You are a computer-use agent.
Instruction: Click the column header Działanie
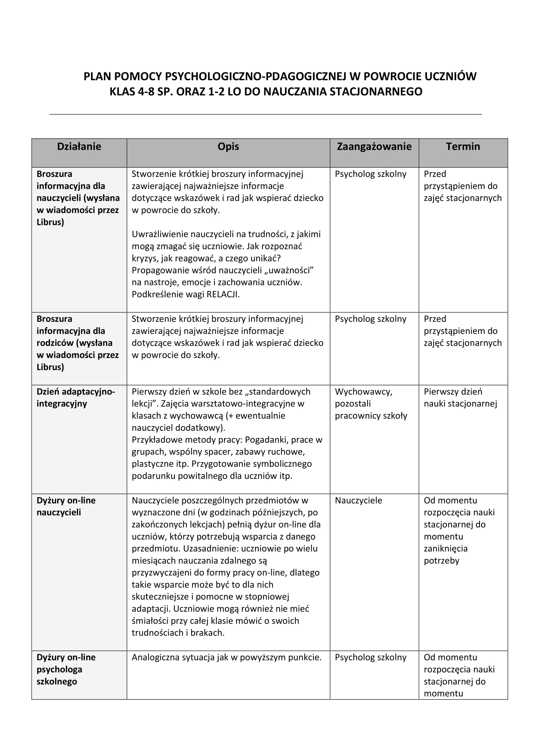79,146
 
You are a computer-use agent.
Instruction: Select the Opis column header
228,146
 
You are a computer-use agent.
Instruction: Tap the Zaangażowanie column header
374,146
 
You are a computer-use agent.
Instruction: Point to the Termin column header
463,146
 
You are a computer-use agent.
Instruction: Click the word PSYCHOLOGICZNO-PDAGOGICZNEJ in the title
255,76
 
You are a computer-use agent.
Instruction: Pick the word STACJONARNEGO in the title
376,91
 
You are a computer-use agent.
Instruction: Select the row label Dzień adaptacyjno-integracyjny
75,398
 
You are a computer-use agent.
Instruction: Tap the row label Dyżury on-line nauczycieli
66,506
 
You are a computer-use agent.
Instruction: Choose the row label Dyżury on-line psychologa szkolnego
66,669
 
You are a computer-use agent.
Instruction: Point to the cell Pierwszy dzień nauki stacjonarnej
460,398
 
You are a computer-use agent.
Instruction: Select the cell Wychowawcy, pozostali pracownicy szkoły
371,403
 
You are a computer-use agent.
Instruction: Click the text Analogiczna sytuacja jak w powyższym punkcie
227,657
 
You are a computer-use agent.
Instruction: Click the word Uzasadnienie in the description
211,548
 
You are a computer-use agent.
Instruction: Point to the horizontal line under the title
265,114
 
